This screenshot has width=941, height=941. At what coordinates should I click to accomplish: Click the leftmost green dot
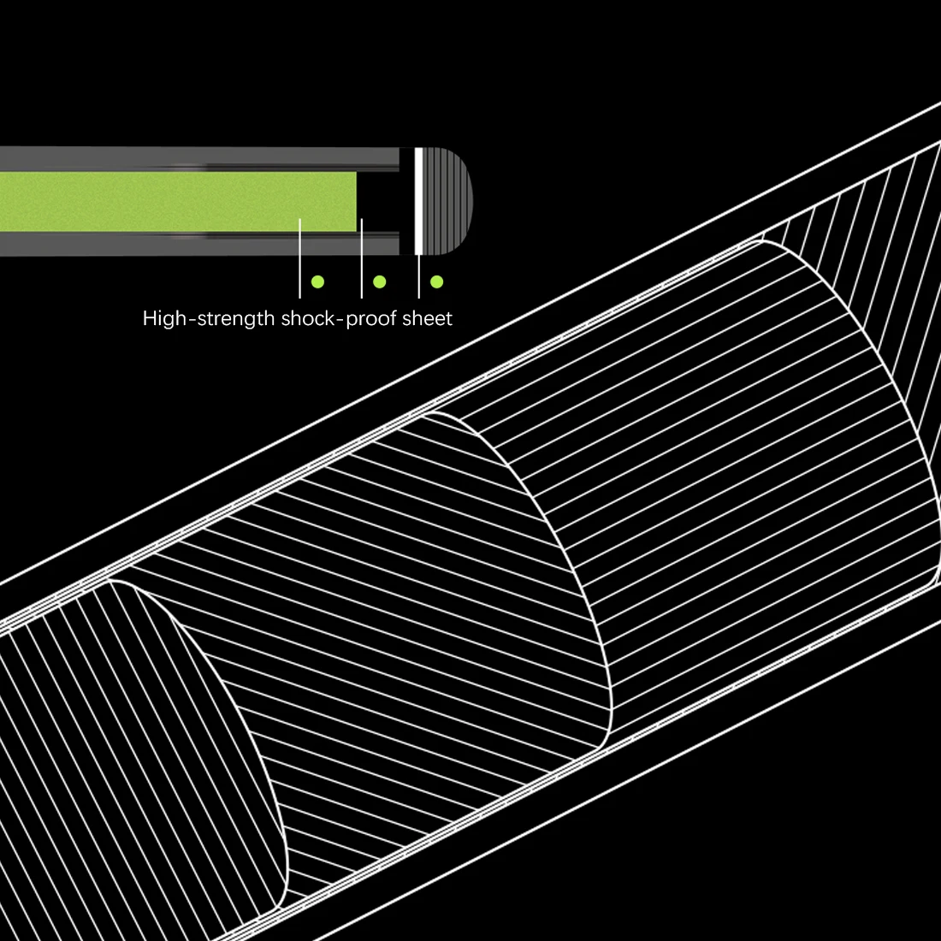pyautogui.click(x=317, y=281)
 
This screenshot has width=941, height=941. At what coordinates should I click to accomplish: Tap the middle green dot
pyautogui.click(x=380, y=281)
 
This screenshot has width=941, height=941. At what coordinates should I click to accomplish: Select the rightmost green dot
pyautogui.click(x=437, y=281)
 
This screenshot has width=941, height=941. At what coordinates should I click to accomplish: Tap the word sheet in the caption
pyautogui.click(x=428, y=319)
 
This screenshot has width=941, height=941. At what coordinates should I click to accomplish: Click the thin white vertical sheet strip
pyautogui.click(x=418, y=201)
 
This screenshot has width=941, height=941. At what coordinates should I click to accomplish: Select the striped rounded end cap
pyautogui.click(x=448, y=201)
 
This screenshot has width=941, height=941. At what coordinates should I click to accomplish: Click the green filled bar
pyautogui.click(x=171, y=201)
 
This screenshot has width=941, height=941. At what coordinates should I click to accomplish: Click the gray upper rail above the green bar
pyautogui.click(x=197, y=158)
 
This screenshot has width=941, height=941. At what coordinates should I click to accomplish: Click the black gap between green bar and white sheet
pyautogui.click(x=378, y=201)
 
